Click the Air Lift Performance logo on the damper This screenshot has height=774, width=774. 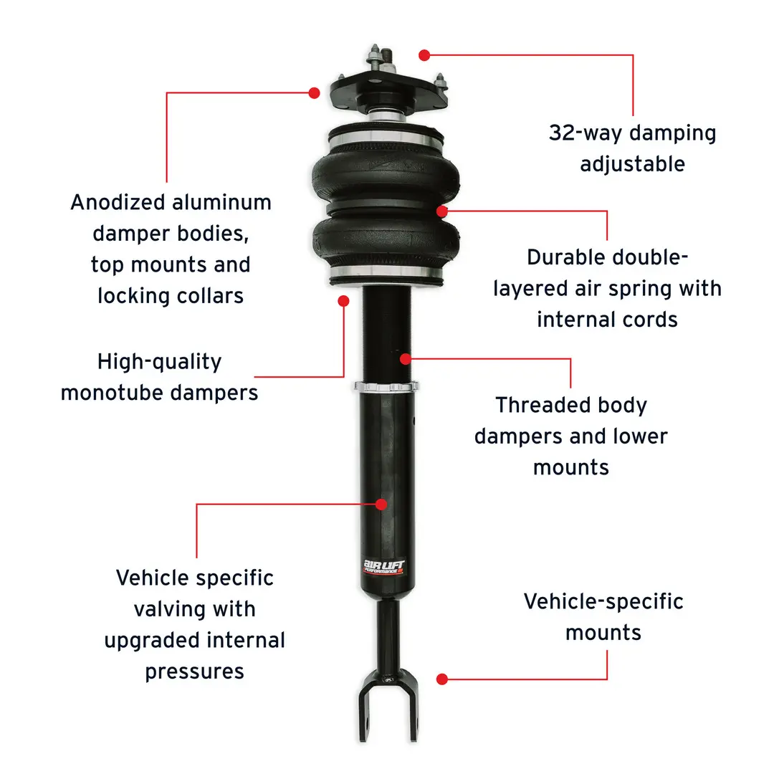[x=384, y=567]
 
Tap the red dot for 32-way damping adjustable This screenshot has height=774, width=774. [x=424, y=55]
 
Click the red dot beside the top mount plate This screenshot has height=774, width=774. [x=314, y=92]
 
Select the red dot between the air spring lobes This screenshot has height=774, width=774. [x=441, y=211]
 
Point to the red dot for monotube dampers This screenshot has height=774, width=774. [x=343, y=301]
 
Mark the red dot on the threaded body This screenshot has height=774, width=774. [x=405, y=359]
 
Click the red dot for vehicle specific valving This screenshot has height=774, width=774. [x=381, y=504]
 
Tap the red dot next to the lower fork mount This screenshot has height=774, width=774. [x=442, y=679]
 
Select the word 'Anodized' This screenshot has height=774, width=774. [x=118, y=202]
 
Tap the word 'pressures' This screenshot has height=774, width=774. [x=194, y=672]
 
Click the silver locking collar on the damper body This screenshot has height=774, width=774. [x=386, y=386]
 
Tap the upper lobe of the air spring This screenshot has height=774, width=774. [x=385, y=176]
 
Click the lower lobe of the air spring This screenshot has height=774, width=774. [x=386, y=239]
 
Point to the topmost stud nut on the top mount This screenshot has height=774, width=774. [x=373, y=51]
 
